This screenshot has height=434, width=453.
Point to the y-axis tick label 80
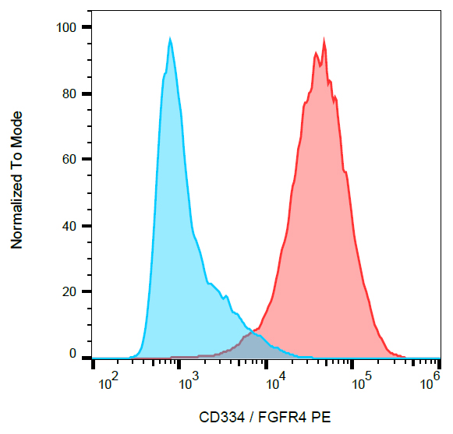[x=69, y=94]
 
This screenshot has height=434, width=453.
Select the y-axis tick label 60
[x=69, y=160]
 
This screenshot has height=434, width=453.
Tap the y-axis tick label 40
[x=69, y=226]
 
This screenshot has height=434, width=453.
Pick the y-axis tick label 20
[x=69, y=291]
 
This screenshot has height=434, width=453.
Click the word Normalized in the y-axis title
[x=16, y=206]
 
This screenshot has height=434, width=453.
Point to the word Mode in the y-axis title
[x=16, y=128]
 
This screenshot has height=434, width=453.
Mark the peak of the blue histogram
[x=169, y=39]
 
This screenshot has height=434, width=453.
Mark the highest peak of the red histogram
[x=323, y=41]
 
